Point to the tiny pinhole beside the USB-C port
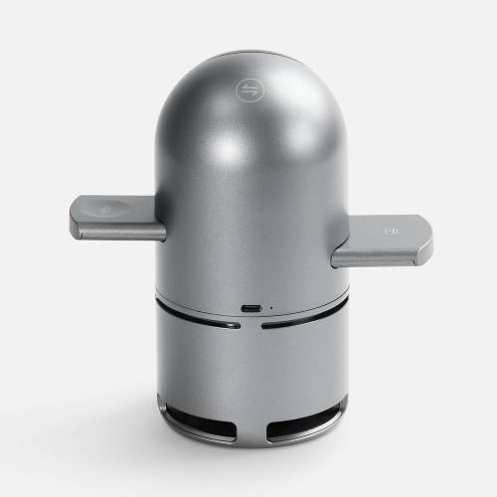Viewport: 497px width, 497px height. tap(271, 308)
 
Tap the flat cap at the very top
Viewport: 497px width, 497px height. tap(248, 54)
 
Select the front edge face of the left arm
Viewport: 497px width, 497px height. tap(119, 232)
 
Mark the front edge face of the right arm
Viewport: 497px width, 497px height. tap(383, 257)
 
